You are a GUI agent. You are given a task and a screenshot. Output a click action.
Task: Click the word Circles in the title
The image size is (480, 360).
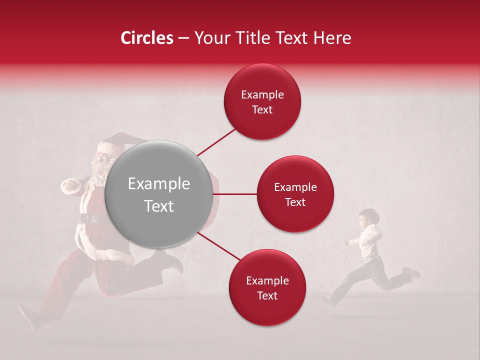(x=146, y=38)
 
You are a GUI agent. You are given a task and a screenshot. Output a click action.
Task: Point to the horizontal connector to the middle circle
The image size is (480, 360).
(x=234, y=194)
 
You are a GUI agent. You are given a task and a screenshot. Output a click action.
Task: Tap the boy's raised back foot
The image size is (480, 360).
(x=412, y=273)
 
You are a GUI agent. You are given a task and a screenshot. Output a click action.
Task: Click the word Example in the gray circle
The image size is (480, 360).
(x=158, y=184)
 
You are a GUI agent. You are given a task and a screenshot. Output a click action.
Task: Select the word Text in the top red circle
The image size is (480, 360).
(x=262, y=109)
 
